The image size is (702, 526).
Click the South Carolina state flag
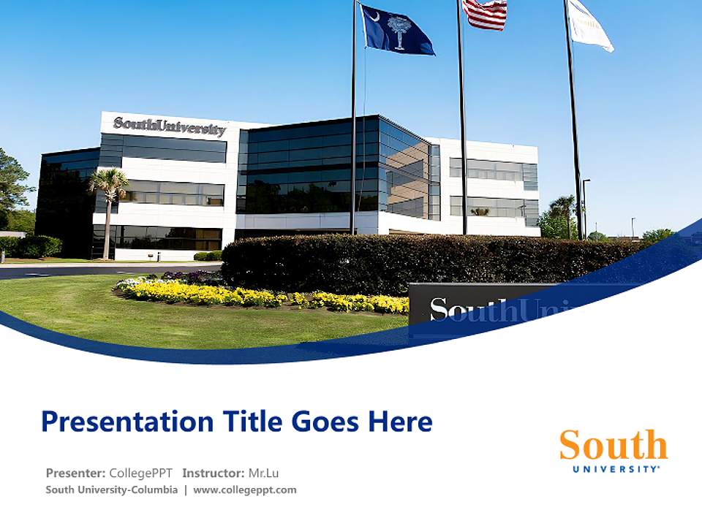click(396, 29)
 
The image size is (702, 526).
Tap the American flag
click(484, 13)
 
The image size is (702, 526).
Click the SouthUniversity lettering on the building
click(169, 126)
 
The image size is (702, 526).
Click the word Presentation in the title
click(127, 422)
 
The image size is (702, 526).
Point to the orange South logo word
click(614, 444)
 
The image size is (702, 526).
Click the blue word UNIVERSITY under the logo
click(616, 469)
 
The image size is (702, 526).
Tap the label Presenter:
click(75, 473)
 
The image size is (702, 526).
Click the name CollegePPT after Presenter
click(140, 473)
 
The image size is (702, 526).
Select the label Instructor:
click(214, 473)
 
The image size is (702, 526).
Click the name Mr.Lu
click(264, 473)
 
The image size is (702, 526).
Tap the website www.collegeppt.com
click(244, 489)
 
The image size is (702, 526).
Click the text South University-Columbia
click(111, 489)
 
